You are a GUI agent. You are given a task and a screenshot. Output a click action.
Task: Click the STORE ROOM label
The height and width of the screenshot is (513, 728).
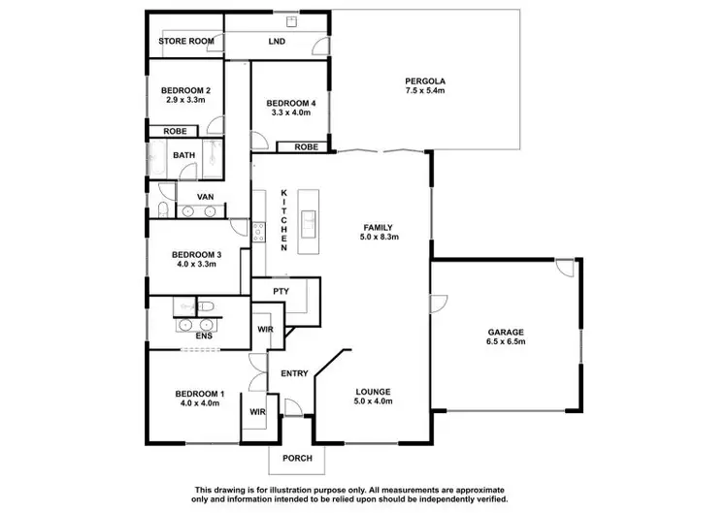[186, 42]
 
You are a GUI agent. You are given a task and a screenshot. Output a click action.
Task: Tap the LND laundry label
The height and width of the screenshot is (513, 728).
[276, 42]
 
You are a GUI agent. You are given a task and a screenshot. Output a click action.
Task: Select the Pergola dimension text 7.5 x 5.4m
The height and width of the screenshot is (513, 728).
[425, 90]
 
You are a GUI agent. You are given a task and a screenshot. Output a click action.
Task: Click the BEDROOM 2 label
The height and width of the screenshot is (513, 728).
[185, 91]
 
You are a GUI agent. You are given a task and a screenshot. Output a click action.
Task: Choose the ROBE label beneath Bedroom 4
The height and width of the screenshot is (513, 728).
[306, 147]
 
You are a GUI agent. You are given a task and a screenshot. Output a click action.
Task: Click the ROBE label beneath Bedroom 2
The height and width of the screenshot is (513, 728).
[175, 131]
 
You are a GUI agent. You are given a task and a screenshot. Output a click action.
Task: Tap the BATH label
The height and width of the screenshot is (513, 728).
[183, 155]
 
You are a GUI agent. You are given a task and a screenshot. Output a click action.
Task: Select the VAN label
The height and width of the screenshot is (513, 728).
[206, 197]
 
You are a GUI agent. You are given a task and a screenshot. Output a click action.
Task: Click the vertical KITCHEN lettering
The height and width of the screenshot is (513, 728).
[284, 221]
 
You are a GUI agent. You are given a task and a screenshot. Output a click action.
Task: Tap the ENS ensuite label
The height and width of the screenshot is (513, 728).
[203, 336]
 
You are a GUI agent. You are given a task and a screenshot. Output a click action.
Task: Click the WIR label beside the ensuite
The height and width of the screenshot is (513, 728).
[264, 330]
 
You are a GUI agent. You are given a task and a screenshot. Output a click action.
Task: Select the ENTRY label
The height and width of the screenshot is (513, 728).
[295, 373]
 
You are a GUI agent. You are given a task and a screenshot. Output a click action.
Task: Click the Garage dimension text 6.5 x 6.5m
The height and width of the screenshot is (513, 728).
[505, 342]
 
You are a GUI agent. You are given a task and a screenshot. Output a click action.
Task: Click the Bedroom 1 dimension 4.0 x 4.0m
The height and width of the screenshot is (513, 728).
[200, 402]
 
